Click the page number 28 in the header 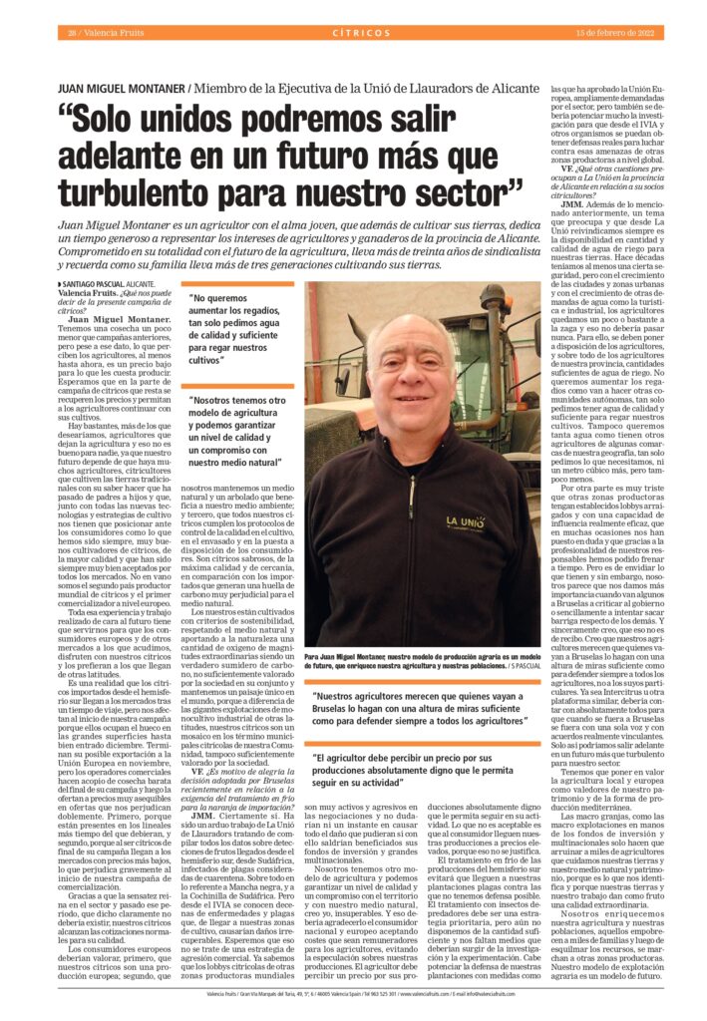[73, 33]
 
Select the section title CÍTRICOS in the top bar [362, 33]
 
